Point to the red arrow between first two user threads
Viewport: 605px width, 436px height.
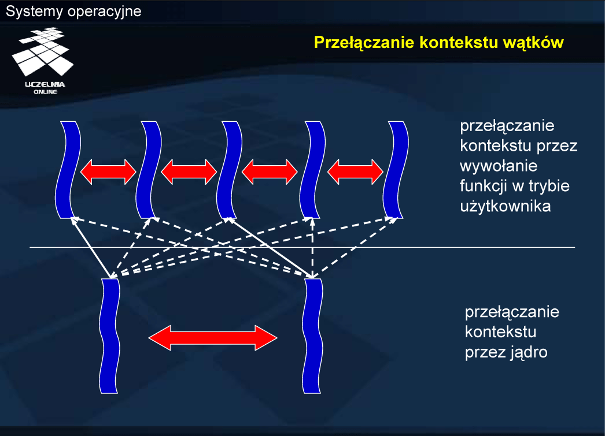point(108,171)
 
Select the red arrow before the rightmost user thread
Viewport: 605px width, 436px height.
point(355,171)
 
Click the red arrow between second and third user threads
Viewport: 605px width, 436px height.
point(189,171)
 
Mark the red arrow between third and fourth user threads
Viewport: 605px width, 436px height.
point(270,171)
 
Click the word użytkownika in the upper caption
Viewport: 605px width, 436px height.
point(504,206)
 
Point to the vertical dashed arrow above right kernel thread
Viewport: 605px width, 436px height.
point(312,248)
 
